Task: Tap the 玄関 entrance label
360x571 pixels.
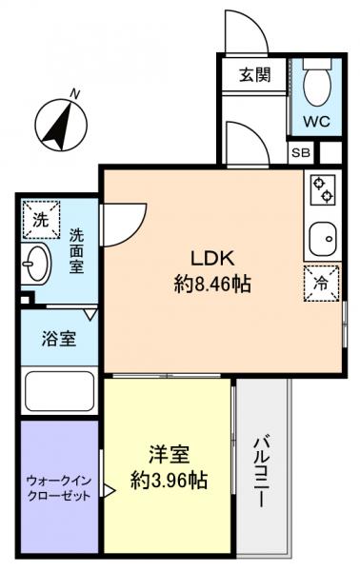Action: (254, 75)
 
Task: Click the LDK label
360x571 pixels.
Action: (213, 258)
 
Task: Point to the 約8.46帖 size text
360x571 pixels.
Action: (213, 283)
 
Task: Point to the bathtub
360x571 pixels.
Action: (57, 390)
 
